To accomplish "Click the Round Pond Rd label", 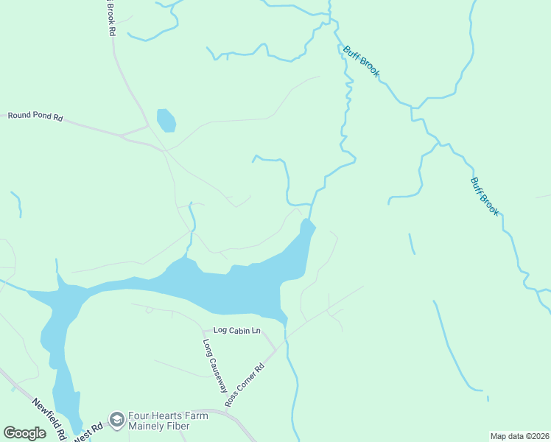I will [x=35, y=116].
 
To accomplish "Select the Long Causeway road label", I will [x=214, y=364].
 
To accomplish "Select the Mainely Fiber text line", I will [x=159, y=426].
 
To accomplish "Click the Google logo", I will [x=24, y=433].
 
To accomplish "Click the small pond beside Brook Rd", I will [x=166, y=120].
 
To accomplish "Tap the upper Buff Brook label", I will [x=361, y=61].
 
